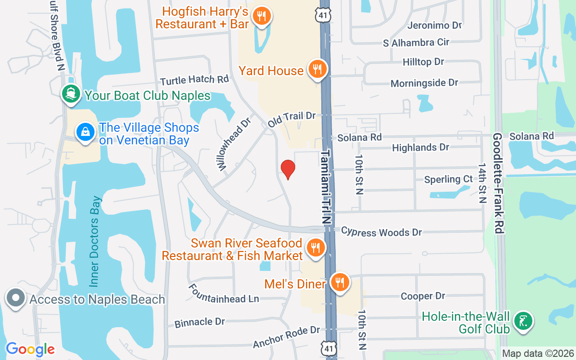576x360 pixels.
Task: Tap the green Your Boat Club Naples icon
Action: point(71,94)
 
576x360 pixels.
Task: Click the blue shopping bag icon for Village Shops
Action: point(85,132)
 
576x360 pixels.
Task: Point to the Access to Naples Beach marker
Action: point(16,298)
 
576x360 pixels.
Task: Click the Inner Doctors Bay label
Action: point(96,241)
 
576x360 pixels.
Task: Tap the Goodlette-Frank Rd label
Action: point(498,182)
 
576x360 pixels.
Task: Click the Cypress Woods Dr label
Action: point(381,232)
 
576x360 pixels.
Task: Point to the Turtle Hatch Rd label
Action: point(194,80)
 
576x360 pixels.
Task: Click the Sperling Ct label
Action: point(448,180)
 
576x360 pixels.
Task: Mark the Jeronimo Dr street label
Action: point(434,25)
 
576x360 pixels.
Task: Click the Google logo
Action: point(30,349)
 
